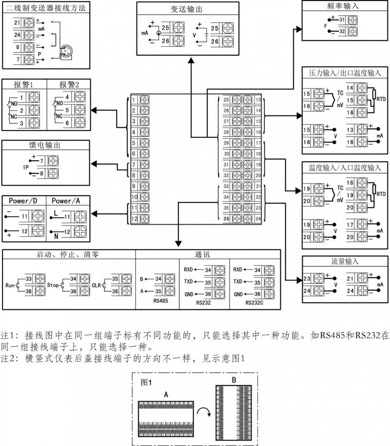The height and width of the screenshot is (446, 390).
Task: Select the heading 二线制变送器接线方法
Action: point(45,7)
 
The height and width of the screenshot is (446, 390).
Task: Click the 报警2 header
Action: point(69,84)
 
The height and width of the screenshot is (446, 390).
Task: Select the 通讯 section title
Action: point(208,255)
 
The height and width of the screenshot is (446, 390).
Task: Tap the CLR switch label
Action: point(96,283)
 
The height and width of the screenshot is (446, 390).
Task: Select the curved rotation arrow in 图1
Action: point(208,413)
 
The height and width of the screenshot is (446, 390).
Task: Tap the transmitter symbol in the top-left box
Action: point(65,50)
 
